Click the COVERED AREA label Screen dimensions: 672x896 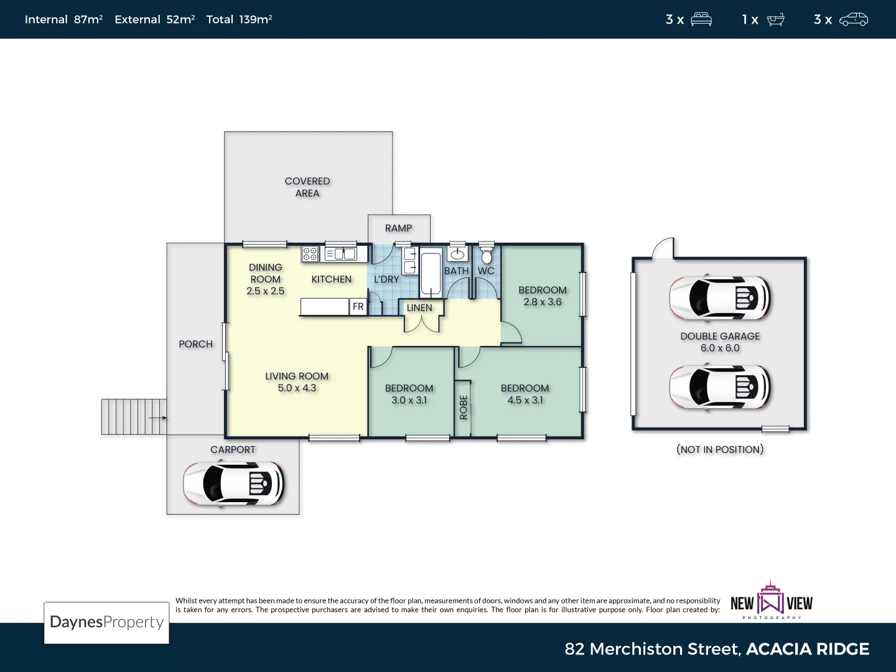click(307, 187)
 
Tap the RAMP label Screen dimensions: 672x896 click(398, 228)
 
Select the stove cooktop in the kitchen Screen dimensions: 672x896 click(310, 254)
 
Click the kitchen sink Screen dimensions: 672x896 click(341, 254)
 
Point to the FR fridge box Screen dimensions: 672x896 click(358, 307)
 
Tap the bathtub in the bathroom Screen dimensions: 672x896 click(431, 272)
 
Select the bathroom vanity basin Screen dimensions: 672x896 click(457, 254)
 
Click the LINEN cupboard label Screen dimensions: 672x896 click(419, 308)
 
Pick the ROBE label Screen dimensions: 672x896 click(463, 408)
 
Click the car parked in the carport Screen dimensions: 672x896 click(234, 483)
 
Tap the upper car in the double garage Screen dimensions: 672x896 click(720, 297)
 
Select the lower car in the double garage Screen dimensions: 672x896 click(720, 387)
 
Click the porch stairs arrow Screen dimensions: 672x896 click(159, 418)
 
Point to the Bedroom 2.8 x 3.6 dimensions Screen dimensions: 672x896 click(543, 302)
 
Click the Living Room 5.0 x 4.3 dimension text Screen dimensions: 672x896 click(297, 388)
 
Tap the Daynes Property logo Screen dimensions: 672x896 click(106, 622)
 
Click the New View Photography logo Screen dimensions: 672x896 click(772, 602)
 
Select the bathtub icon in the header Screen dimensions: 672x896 click(775, 20)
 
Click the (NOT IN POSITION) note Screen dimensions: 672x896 click(720, 449)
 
